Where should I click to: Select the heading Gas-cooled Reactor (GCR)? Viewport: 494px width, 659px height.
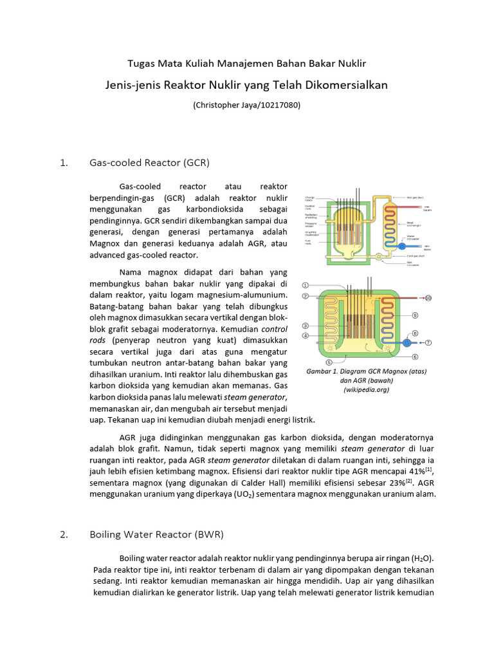point(149,162)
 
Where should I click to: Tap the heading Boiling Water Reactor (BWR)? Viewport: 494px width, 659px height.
point(156,534)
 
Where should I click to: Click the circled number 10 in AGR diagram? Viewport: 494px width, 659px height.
point(428,299)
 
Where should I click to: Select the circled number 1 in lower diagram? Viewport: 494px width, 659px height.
point(306,285)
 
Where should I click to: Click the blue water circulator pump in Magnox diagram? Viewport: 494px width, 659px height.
point(402,245)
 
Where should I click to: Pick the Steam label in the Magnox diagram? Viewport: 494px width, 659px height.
point(426,209)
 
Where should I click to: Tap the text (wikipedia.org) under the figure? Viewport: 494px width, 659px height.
point(366,389)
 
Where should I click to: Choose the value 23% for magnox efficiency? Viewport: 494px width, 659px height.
point(395,483)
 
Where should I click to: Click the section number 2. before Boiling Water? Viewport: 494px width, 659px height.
point(63,534)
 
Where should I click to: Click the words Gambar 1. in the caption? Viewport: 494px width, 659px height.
point(321,372)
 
